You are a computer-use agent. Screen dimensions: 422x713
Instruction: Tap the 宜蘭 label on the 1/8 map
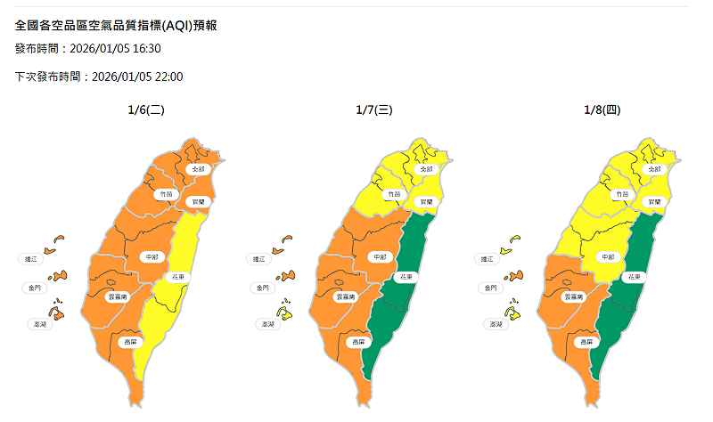click(x=655, y=202)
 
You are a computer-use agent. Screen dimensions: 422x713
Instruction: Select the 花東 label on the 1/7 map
click(x=405, y=278)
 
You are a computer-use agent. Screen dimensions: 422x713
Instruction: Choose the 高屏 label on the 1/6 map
click(x=130, y=341)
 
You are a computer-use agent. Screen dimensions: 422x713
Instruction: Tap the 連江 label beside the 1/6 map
click(x=30, y=259)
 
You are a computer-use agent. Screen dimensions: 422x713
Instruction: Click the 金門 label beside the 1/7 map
click(x=260, y=288)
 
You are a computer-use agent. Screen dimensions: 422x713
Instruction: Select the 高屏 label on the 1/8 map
click(x=586, y=341)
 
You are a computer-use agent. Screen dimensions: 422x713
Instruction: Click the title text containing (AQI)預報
click(x=117, y=25)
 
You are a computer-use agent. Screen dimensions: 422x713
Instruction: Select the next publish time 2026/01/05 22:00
click(x=137, y=77)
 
